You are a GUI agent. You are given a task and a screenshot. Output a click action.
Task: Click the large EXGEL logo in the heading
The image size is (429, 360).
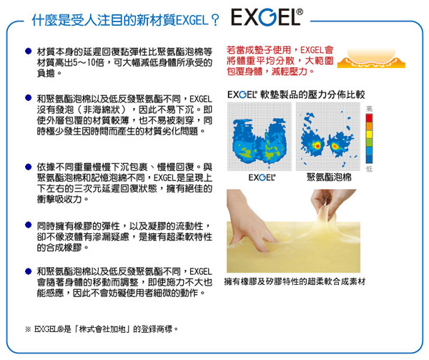coord(264,17)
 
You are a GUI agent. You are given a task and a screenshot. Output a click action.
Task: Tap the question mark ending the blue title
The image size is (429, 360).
coord(215,20)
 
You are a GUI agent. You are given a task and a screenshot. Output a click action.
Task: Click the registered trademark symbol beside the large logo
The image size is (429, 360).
coord(300,12)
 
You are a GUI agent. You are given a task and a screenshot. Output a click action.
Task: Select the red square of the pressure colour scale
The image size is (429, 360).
coord(369,118)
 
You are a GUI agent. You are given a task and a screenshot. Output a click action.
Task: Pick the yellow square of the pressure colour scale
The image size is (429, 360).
coord(369,135)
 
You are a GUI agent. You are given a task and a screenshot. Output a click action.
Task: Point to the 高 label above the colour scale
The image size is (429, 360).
coord(369,109)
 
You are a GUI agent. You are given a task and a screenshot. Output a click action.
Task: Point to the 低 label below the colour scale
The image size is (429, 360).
coord(369,169)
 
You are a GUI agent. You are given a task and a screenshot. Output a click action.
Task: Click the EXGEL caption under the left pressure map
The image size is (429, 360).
coord(262,177)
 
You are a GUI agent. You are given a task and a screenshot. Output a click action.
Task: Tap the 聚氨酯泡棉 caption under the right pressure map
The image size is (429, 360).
coord(329,177)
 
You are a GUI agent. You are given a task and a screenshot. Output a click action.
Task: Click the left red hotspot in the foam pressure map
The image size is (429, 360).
coord(317,145)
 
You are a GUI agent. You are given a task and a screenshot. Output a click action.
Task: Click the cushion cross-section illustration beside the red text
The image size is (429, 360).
coord(371,58)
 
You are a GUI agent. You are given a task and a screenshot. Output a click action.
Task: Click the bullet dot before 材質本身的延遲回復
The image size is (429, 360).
coord(28,51)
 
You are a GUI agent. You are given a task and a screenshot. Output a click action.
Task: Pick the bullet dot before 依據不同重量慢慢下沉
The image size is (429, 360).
coord(28,167)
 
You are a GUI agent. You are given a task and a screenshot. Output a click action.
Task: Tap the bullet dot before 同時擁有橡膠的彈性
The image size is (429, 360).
coord(28,225)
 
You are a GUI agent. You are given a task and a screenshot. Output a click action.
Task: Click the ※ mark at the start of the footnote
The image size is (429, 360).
coord(28,329)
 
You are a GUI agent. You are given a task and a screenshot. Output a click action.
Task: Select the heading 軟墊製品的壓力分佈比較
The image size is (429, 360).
coord(312,94)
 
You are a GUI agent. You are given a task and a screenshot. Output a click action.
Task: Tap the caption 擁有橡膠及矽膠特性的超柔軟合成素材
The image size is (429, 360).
coord(295,281)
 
